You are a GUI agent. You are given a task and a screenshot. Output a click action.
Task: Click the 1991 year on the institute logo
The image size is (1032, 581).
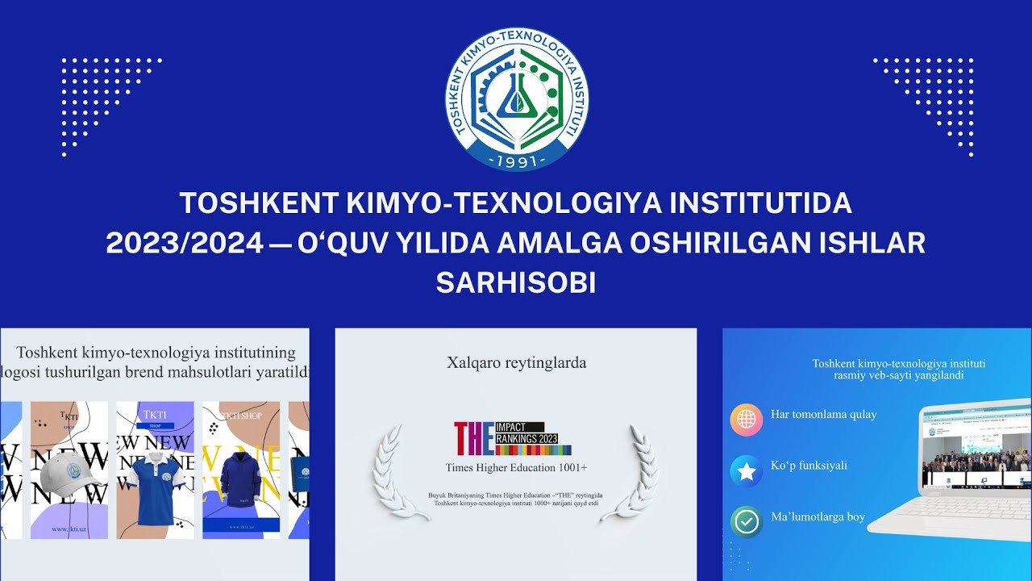pyautogui.click(x=517, y=160)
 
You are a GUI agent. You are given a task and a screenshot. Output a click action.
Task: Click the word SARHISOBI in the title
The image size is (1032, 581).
pyautogui.click(x=516, y=282)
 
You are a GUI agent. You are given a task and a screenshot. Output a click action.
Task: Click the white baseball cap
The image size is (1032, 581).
pyautogui.click(x=70, y=477)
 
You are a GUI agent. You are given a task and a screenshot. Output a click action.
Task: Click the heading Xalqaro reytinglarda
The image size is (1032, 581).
pyautogui.click(x=516, y=363)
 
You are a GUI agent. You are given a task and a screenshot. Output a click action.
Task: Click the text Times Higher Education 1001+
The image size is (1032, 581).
pyautogui.click(x=516, y=468)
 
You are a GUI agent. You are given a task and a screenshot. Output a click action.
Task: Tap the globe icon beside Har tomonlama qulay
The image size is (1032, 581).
pyautogui.click(x=747, y=420)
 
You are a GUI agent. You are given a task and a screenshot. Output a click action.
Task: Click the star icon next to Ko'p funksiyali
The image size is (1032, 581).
pyautogui.click(x=747, y=471)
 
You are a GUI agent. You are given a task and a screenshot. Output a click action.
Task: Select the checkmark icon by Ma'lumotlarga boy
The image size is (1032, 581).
pyautogui.click(x=747, y=521)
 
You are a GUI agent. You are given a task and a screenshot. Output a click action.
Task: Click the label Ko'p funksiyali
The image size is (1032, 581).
pyautogui.click(x=809, y=466)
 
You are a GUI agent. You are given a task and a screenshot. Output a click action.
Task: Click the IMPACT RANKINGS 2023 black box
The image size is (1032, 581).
pyautogui.click(x=520, y=433)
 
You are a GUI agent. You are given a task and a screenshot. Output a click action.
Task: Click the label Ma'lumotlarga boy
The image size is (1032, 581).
pyautogui.click(x=818, y=517)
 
